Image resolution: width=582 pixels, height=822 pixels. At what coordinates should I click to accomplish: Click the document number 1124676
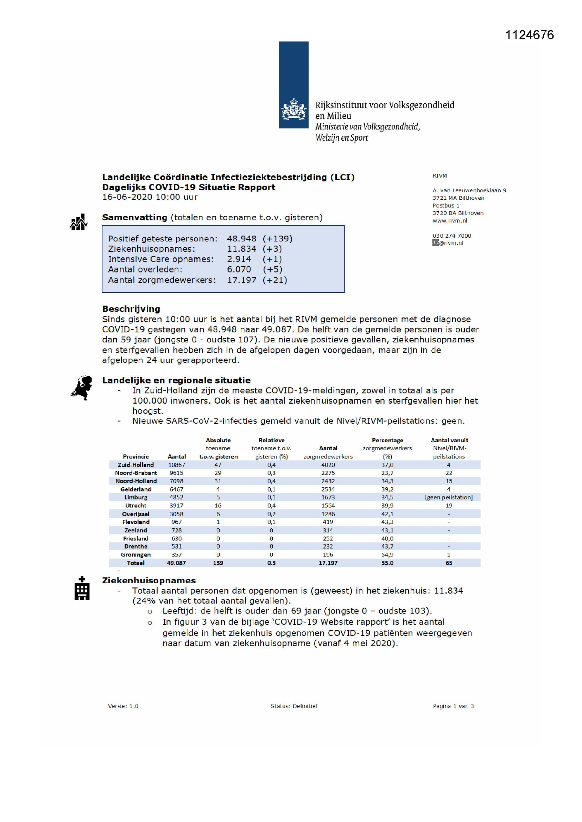[529, 35]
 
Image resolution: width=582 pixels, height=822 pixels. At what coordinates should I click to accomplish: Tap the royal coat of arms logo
[293, 109]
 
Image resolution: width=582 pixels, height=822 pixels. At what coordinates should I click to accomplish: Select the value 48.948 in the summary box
[241, 238]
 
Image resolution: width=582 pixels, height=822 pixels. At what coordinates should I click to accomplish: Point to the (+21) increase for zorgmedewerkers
[275, 280]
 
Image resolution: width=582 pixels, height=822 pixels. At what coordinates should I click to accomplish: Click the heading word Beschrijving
[131, 309]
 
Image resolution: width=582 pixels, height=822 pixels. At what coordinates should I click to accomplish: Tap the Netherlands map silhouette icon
[82, 387]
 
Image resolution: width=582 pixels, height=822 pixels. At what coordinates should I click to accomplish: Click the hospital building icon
[82, 588]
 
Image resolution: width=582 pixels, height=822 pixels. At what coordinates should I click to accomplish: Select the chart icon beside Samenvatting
[78, 222]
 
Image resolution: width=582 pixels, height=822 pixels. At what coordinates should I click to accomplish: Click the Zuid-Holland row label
[135, 465]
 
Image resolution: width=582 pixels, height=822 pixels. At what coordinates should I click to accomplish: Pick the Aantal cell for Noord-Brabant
[176, 473]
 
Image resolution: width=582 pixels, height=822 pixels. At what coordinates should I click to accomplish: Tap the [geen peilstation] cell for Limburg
[449, 497]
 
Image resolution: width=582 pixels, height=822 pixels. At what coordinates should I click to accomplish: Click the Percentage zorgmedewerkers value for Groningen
[387, 554]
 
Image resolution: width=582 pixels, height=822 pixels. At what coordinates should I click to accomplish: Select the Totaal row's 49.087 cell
[176, 563]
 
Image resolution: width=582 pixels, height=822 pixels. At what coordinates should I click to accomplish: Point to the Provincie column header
[135, 456]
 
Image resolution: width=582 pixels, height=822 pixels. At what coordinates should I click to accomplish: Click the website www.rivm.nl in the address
[450, 220]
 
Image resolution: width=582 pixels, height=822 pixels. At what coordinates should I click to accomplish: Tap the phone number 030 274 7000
[451, 236]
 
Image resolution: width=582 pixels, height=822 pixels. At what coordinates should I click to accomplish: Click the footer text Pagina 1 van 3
[453, 706]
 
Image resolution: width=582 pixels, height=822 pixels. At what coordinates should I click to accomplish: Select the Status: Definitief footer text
[294, 706]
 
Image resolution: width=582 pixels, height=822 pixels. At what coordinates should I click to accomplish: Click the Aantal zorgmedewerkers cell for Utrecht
[328, 506]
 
